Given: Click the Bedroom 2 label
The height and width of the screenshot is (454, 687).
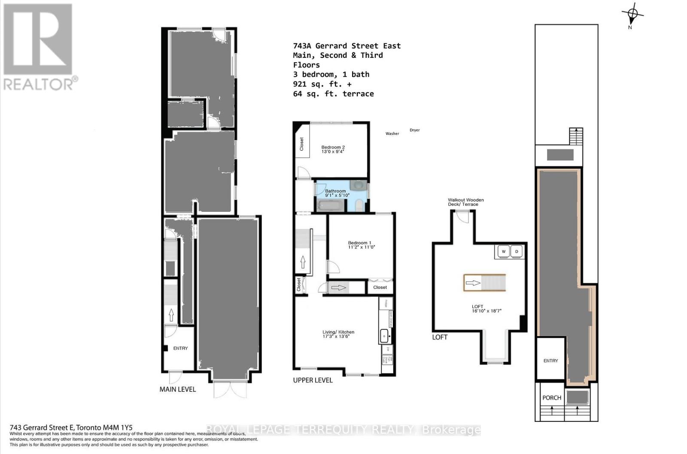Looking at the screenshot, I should tap(333, 147).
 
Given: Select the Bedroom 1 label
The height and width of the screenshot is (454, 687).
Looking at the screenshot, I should tap(360, 243).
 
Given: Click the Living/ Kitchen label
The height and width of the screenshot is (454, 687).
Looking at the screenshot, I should tap(338, 332).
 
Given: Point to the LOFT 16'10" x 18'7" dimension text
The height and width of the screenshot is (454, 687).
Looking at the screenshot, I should tap(486, 309).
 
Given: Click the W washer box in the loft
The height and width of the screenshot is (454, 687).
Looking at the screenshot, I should tap(503, 252).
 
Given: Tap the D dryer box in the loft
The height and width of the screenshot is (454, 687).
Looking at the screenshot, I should tap(517, 252).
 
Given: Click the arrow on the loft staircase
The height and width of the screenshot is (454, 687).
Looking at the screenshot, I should tap(473, 283).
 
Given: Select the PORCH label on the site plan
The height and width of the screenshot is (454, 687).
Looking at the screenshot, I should tap(552, 398).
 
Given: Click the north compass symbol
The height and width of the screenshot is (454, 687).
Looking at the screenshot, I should tap(632, 15).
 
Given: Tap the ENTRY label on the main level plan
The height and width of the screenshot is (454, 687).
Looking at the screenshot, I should tap(180, 348).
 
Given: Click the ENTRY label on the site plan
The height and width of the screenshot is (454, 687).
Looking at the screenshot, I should tap(550, 361).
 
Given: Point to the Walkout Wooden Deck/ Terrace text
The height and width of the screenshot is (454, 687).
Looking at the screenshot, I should tap(465, 202).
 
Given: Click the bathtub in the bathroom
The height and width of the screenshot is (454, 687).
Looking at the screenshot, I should tap(330, 206).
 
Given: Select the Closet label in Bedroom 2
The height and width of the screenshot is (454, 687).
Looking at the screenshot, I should tap(301, 144).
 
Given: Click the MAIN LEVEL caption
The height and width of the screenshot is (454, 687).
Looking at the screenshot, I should tap(177, 389).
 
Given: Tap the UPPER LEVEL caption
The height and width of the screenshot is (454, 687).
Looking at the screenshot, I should tap(313, 380).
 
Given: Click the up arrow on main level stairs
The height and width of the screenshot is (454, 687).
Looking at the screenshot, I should tap(171, 314).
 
